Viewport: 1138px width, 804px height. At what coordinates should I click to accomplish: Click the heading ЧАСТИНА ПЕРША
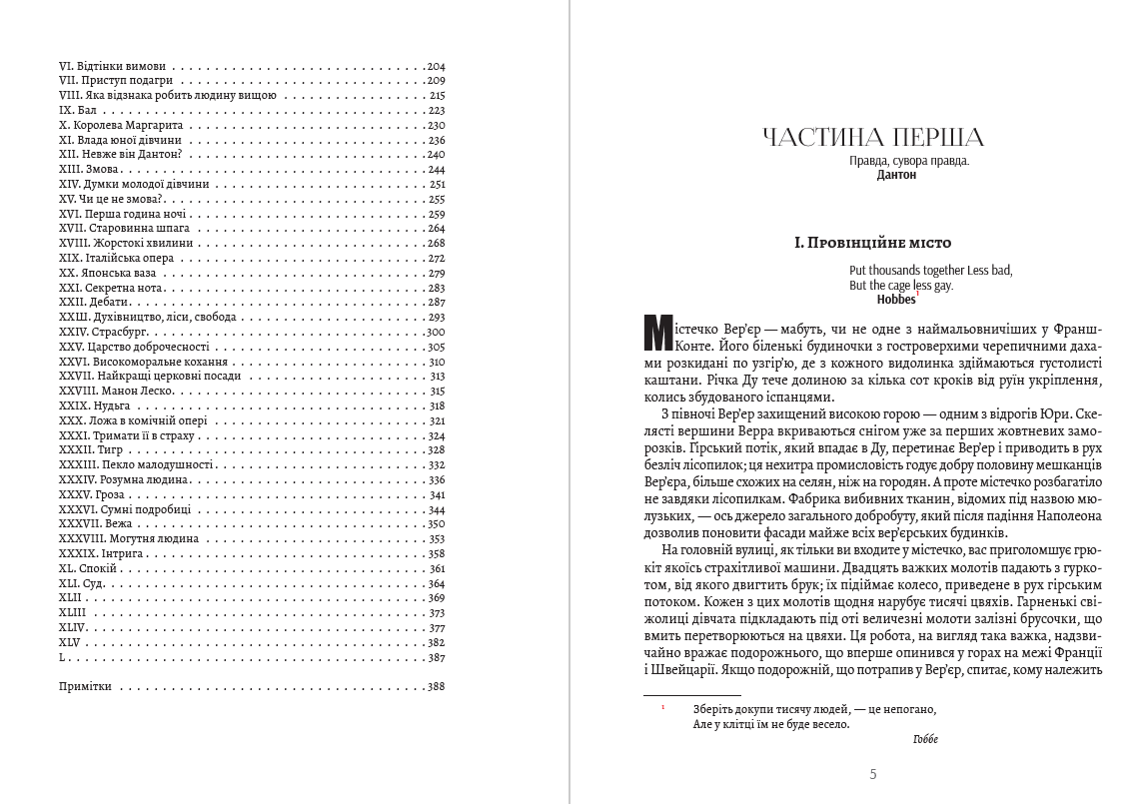872,138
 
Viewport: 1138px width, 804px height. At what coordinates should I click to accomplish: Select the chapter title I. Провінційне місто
872,243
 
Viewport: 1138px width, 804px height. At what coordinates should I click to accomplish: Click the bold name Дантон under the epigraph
896,175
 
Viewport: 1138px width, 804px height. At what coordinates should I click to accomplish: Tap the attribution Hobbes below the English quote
896,299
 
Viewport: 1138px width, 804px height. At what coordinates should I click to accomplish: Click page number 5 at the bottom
873,774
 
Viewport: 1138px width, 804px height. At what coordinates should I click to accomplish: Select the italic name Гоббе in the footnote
926,739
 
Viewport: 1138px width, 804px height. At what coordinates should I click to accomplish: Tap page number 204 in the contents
435,66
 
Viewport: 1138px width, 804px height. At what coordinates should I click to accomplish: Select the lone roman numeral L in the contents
63,657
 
